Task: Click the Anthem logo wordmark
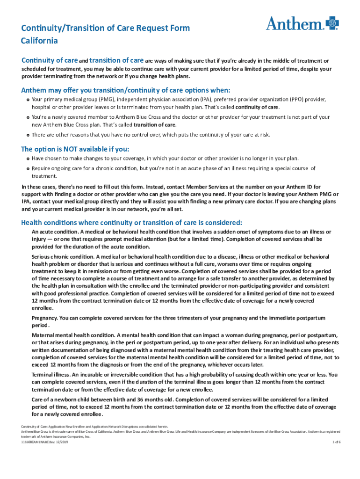click(295, 23)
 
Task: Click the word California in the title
click(39, 41)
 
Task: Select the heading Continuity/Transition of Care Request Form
click(105, 28)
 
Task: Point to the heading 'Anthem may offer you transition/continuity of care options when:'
click(126, 90)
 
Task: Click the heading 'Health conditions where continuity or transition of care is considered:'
click(131, 222)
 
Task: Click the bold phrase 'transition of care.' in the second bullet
click(155, 125)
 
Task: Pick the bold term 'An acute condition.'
click(55, 232)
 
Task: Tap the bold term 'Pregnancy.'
click(44, 318)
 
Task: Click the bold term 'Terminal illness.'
click(50, 375)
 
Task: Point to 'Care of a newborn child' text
click(61, 400)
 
